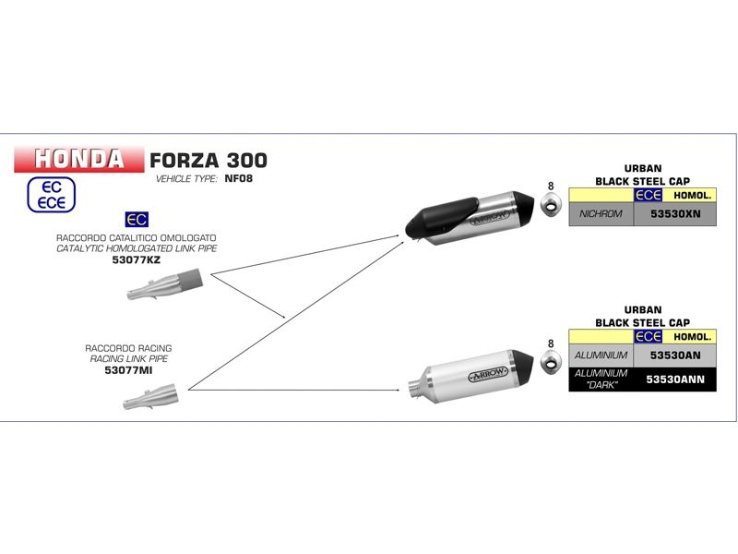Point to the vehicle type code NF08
238,178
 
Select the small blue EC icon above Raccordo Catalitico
137,221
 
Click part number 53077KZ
137,261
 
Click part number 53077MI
128,370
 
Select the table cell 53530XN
675,213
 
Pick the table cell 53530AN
675,355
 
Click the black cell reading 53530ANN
675,379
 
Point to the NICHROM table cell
601,213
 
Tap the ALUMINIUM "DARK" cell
601,379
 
